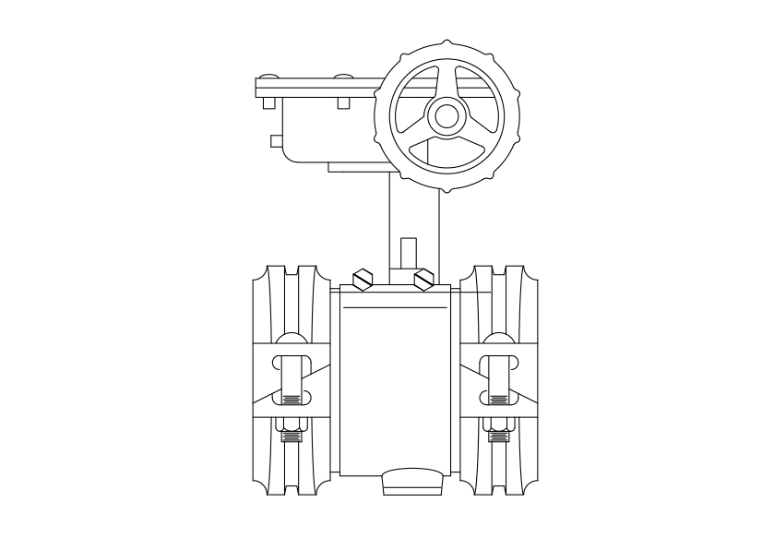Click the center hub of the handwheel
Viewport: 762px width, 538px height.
tap(447, 115)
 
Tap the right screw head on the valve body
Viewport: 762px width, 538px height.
tap(423, 278)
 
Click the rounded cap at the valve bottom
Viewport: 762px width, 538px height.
tap(411, 482)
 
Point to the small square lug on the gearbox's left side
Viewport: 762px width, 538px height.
tap(276, 141)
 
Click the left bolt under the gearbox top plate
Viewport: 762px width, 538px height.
tap(268, 102)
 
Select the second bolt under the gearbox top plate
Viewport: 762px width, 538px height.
tap(343, 102)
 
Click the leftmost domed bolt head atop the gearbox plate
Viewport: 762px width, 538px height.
tap(268, 74)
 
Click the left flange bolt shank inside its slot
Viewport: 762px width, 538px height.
tap(291, 378)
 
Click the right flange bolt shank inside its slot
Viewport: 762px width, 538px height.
tap(500, 378)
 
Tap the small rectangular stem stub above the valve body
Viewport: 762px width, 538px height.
tap(409, 253)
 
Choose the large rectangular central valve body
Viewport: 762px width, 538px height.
tap(397, 388)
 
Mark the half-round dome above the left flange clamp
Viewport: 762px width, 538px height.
tap(291, 339)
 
